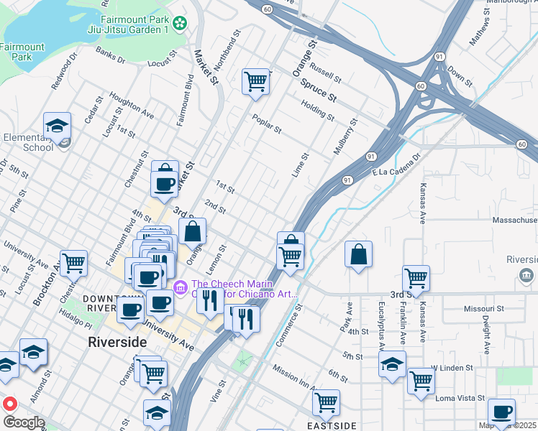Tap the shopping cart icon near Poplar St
click(255, 83)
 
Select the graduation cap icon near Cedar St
click(56, 126)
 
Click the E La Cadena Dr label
click(396, 166)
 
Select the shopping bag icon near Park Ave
click(358, 254)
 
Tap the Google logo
click(24, 422)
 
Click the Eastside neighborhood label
click(332, 426)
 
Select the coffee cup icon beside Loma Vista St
click(501, 412)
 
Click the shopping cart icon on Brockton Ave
click(73, 264)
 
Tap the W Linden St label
click(452, 368)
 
